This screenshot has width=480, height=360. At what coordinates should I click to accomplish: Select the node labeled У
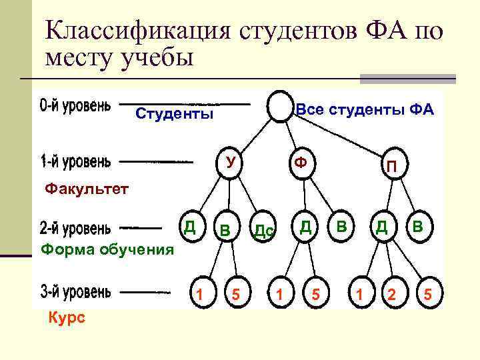231,162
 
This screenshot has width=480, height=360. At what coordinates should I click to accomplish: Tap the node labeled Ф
301,162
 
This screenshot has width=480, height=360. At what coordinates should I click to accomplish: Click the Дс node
263,231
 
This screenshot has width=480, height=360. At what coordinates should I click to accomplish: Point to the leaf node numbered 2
392,294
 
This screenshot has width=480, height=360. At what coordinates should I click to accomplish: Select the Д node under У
190,227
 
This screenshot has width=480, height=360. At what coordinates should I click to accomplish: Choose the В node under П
417,227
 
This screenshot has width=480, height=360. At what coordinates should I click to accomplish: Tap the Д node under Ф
305,227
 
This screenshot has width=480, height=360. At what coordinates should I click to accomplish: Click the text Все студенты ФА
365,109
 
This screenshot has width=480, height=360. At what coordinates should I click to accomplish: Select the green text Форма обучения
107,250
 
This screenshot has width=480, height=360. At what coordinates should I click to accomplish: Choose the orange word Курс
67,318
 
